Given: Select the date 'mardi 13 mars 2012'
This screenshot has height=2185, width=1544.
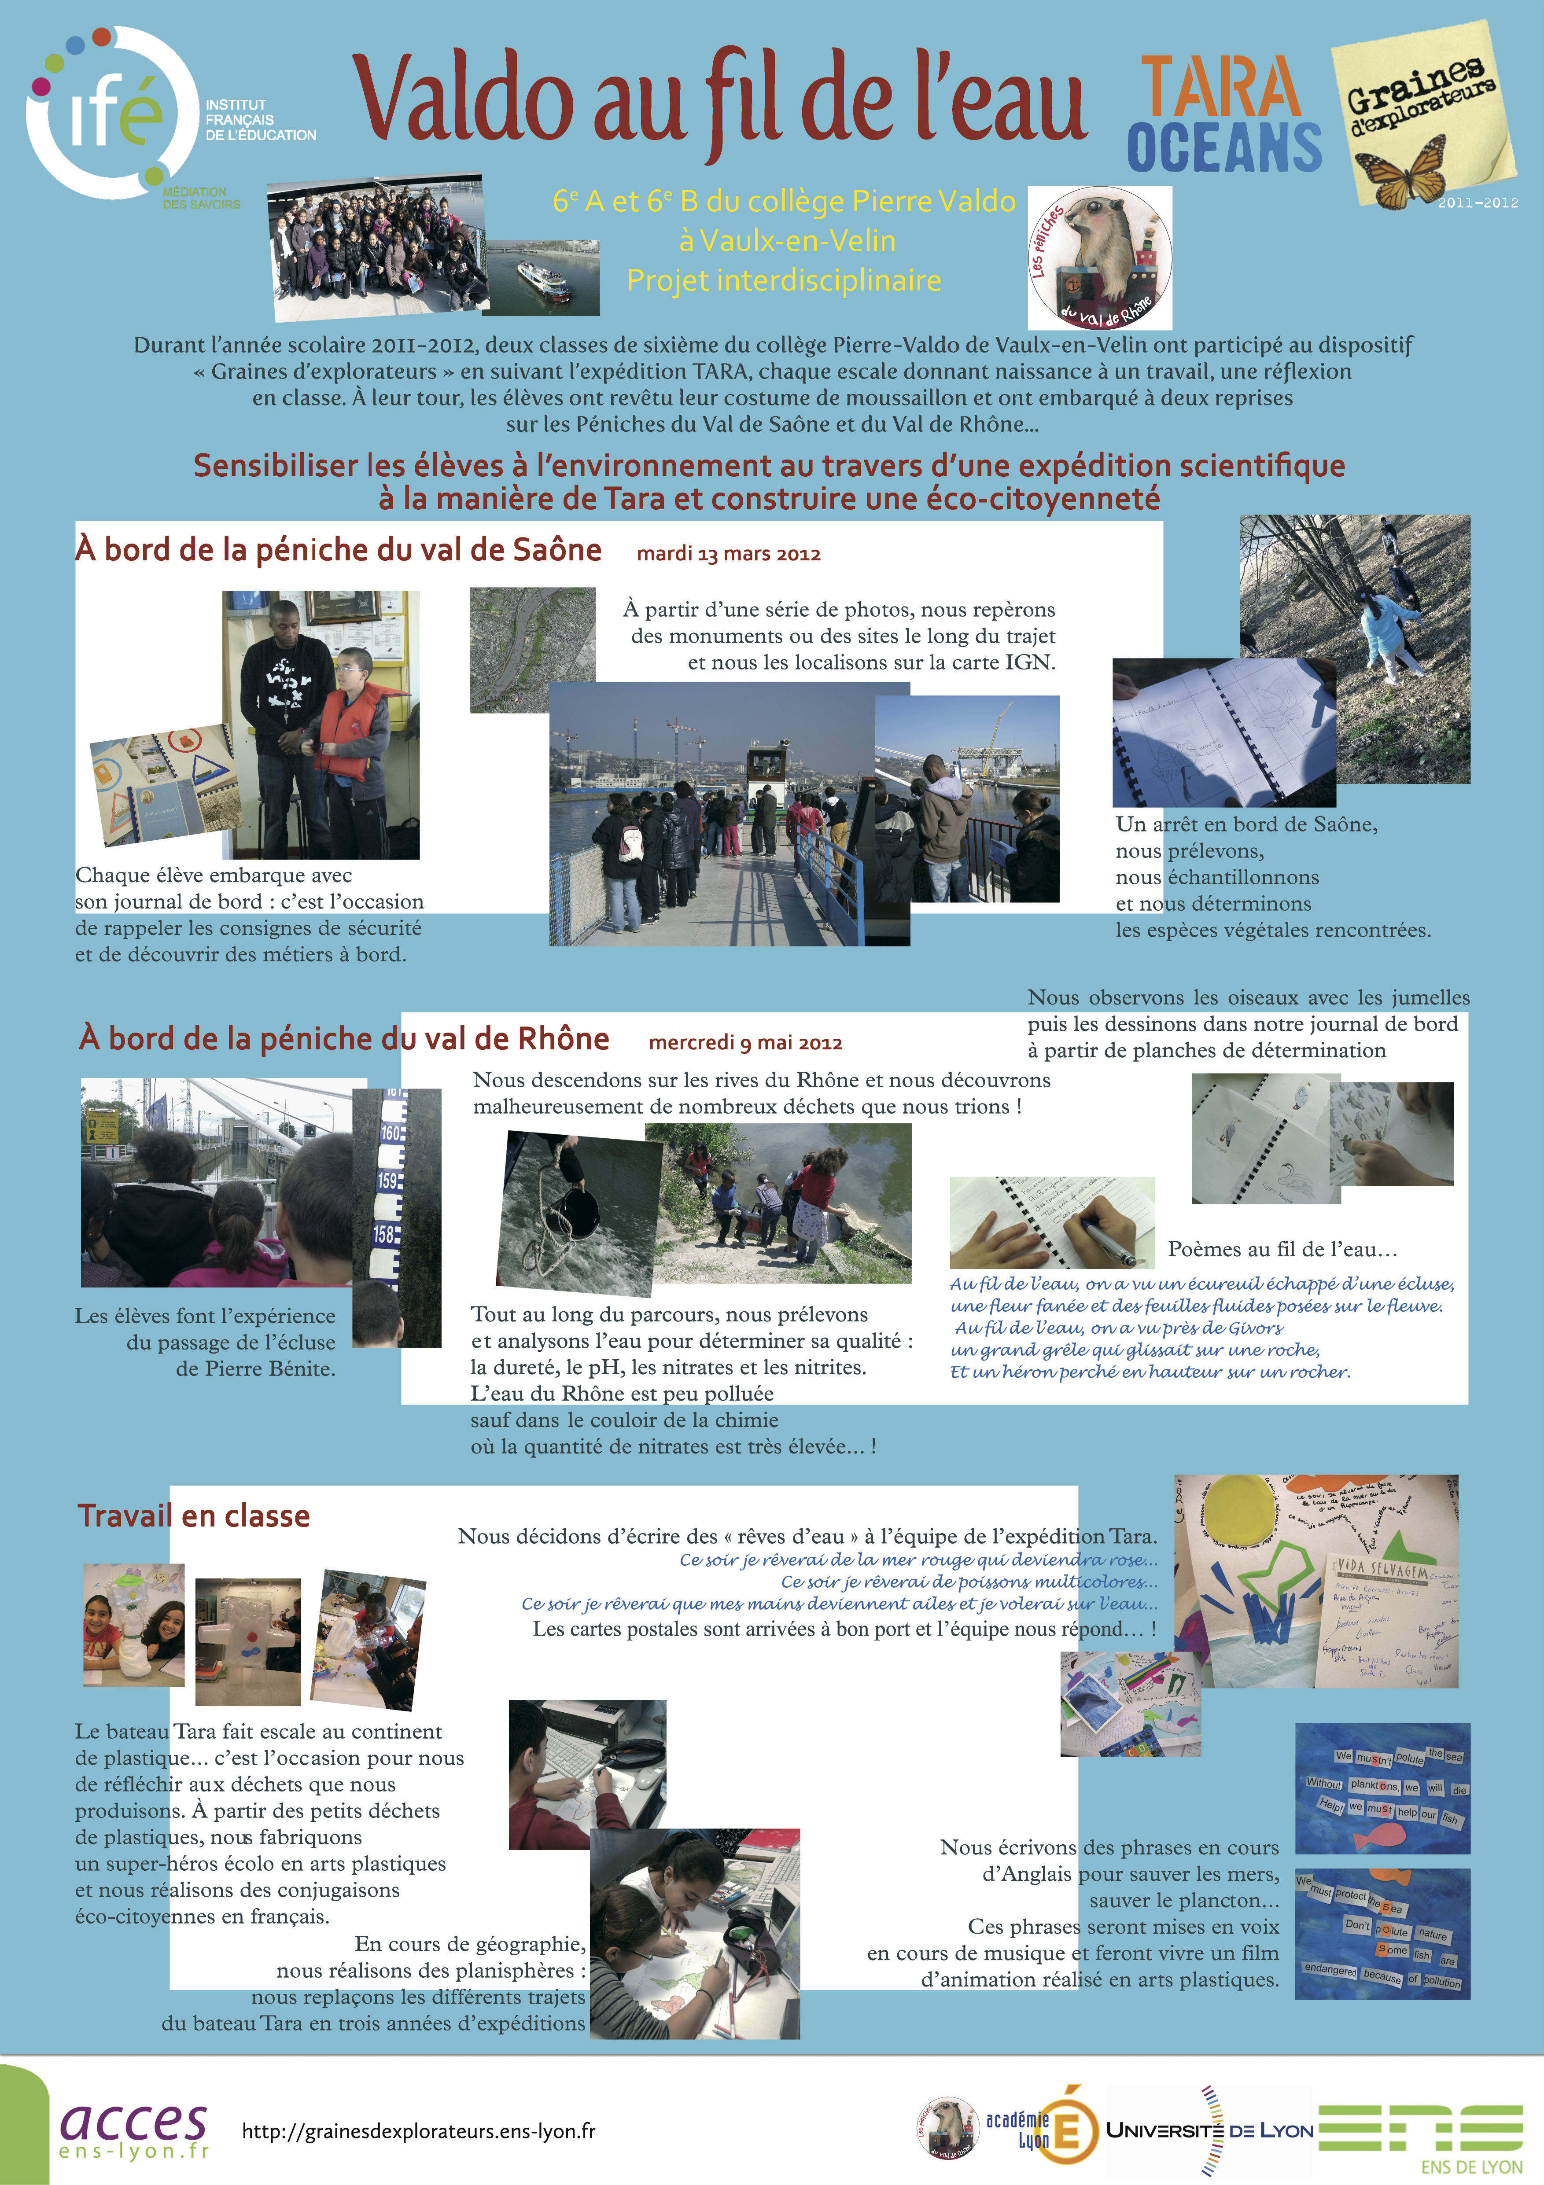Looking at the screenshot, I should click(x=728, y=554).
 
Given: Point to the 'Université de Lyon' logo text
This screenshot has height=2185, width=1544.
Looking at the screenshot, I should click(x=1209, y=2130).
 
